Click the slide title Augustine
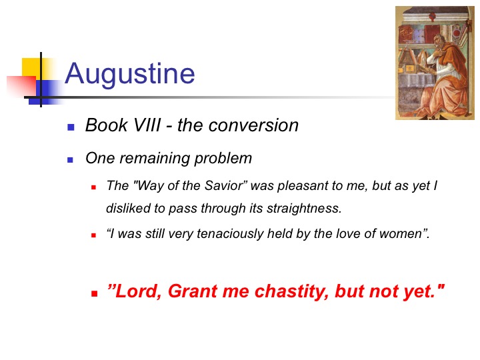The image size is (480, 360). coord(130,74)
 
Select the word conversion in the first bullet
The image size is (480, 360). coord(254,125)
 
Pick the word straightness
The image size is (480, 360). coord(304,209)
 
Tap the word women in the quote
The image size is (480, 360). coord(403,234)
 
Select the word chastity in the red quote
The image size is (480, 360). coord(292,291)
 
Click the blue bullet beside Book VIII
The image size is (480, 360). coord(71,127)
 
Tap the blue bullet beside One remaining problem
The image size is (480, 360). coord(71,160)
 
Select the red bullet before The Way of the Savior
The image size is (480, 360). coord(94,187)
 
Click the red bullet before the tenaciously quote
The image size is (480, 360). coord(94,235)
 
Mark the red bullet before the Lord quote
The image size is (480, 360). coord(94,294)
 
